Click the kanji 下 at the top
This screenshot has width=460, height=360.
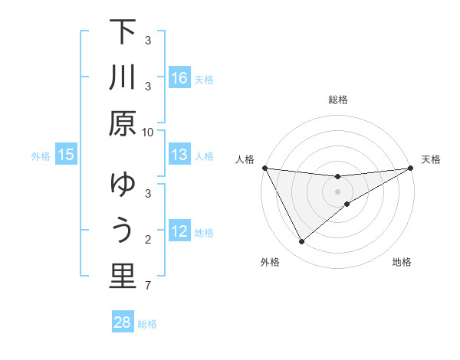[122, 34]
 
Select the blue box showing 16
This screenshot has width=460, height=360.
[179, 78]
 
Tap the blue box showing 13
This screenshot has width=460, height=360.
[179, 155]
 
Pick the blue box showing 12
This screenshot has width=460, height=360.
[179, 231]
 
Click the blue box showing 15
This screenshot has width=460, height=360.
[66, 155]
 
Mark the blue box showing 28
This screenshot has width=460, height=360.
[122, 322]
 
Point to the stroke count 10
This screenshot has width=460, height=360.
[148, 132]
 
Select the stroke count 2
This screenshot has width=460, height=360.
[148, 241]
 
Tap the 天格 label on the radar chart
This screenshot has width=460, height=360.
[431, 159]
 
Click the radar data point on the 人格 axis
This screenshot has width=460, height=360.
[264, 168]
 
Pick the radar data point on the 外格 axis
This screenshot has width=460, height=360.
[301, 242]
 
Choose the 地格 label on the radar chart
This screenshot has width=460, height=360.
[402, 262]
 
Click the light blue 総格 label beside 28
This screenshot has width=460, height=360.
[147, 324]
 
